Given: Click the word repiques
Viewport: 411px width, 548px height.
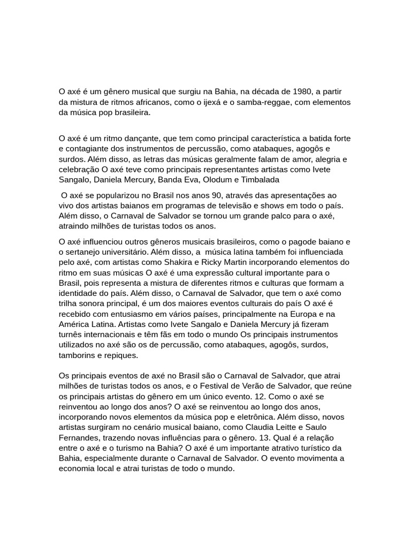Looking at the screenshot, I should [x=120, y=355].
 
